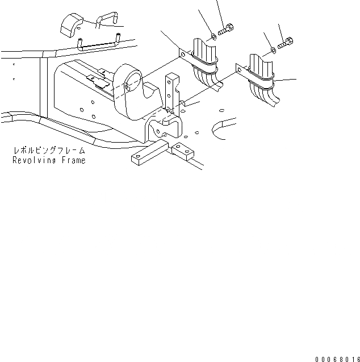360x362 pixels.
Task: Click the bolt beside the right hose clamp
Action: click(x=287, y=41)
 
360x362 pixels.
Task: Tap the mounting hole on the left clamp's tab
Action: click(x=183, y=55)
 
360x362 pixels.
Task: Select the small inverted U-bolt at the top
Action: click(x=104, y=20)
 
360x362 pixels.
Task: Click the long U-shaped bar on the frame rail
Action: click(x=99, y=41)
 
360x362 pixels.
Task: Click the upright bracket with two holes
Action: click(x=171, y=94)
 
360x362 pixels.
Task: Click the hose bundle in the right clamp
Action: click(x=263, y=80)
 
